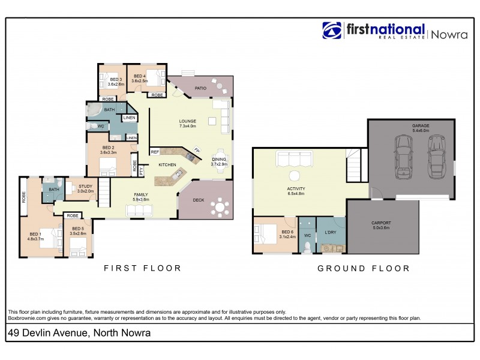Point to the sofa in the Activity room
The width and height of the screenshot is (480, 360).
[x=294, y=160]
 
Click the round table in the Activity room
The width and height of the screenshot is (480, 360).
[x=295, y=176]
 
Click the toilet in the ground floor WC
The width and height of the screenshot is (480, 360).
[x=307, y=245]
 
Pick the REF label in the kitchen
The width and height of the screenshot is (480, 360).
[x=155, y=152]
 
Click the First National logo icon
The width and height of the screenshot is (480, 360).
[x=332, y=31]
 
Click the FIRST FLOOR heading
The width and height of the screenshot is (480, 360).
[x=142, y=268]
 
